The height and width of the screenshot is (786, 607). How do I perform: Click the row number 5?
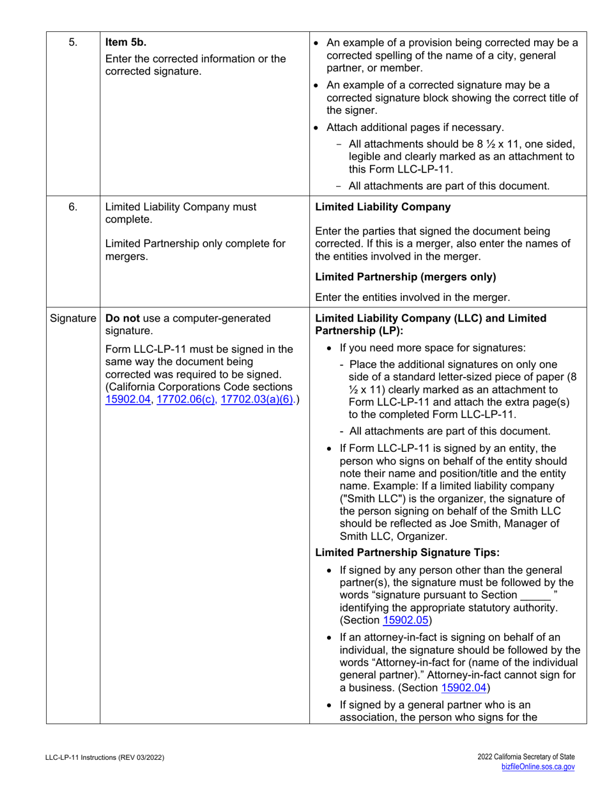(73, 43)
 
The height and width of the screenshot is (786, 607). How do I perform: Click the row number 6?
(73, 206)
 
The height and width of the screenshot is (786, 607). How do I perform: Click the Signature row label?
(73, 318)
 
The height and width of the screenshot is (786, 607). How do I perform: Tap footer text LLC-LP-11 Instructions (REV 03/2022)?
(105, 757)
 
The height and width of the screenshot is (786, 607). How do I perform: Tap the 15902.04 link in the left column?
(128, 399)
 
